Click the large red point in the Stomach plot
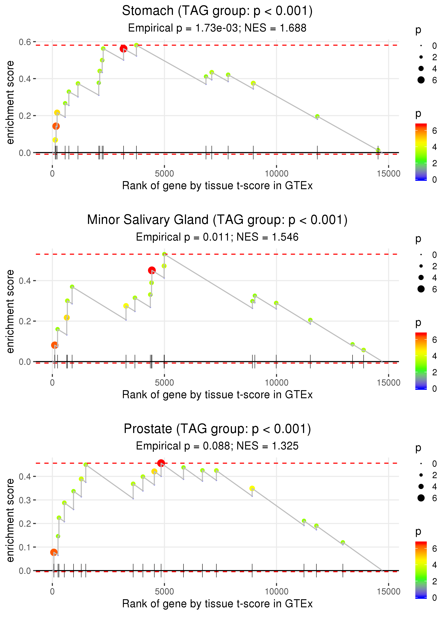point(123,49)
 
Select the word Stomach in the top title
point(148,11)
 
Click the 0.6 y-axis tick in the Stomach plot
point(25,42)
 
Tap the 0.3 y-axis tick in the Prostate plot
point(25,500)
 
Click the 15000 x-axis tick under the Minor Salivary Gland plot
point(388,383)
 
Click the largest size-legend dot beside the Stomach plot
point(421,80)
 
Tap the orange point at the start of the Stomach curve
point(56,126)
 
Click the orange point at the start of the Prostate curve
point(54,552)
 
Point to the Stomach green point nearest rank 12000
point(317,116)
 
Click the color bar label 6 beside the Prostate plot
point(435,549)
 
